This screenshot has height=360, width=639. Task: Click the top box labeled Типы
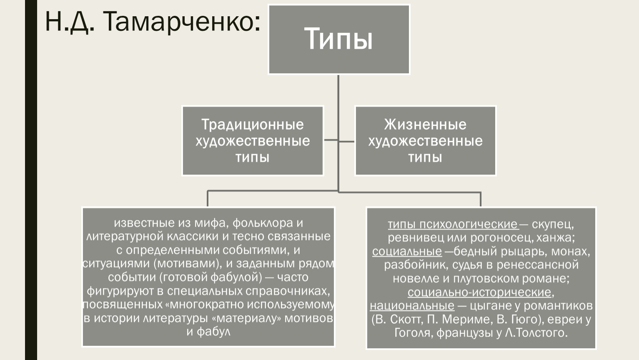(339, 39)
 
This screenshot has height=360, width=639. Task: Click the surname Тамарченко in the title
(181, 22)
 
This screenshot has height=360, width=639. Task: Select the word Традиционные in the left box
(253, 125)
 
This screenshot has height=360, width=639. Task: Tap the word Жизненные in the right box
(425, 125)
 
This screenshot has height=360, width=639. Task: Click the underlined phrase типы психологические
(453, 224)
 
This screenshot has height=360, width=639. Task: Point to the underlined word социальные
(407, 251)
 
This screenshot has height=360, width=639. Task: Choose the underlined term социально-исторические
(479, 292)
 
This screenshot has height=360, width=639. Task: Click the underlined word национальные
(412, 305)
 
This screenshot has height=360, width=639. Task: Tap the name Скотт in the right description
(406, 319)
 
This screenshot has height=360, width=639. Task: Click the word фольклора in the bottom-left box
(263, 223)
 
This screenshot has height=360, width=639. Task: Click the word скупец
(553, 224)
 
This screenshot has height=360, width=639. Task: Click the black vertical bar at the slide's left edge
(31, 180)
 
